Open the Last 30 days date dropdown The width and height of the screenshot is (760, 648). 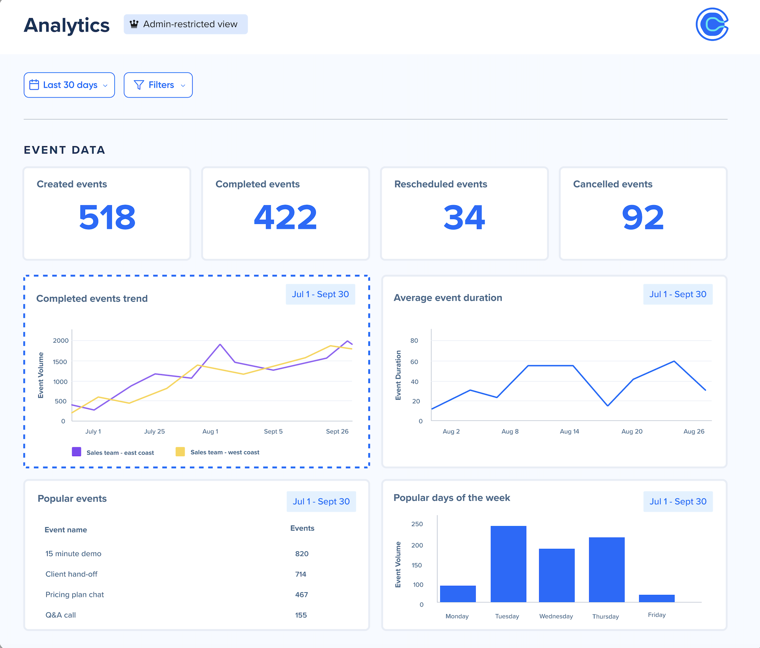pos(69,85)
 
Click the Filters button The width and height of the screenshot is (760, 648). pos(158,85)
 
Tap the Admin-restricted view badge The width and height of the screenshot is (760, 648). pos(185,24)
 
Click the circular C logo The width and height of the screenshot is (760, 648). pos(712,24)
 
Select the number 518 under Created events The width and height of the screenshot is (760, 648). pos(107,217)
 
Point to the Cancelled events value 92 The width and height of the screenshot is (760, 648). pos(642,217)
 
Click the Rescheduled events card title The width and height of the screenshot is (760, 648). pos(441,184)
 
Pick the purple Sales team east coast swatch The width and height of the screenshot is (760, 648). pos(76,452)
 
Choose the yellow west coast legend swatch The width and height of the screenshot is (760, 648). pos(180,452)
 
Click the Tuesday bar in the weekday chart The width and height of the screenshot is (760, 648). pos(508,564)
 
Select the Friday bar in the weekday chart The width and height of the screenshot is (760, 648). pos(657,598)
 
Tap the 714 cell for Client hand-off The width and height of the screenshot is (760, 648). pos(300,574)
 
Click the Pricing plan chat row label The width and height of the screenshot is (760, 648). pos(75,595)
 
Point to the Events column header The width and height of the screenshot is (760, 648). pos(302,528)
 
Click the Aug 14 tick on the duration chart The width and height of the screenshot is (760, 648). pos(569,431)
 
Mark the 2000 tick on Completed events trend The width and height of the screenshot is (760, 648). pos(61,341)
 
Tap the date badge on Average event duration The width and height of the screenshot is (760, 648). pos(678,294)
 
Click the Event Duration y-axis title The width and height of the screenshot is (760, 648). pos(398,375)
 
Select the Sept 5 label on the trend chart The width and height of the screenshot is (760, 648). pos(273,431)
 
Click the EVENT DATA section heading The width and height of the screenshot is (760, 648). pos(65,150)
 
